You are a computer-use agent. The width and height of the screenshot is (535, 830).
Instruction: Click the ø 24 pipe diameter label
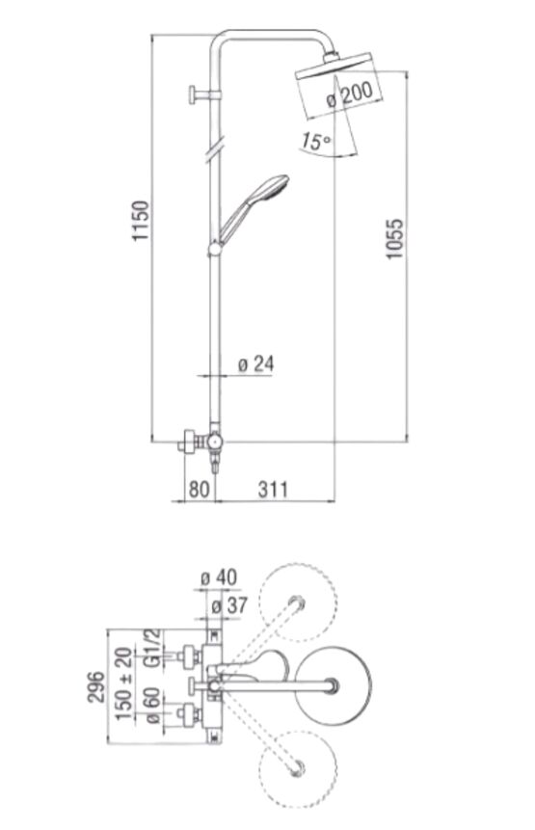[255, 364]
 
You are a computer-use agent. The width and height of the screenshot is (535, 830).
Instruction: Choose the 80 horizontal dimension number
[199, 489]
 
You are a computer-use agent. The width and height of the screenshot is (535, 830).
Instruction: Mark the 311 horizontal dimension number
[273, 489]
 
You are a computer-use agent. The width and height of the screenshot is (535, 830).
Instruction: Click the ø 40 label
[219, 577]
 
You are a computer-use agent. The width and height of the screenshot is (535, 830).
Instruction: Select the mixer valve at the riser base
[204, 442]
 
